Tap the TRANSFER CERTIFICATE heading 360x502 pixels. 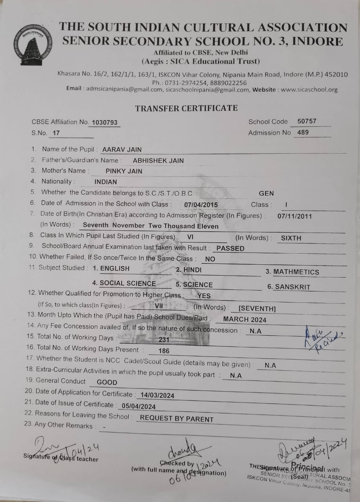[x=186, y=108]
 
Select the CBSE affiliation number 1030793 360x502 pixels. [x=104, y=122]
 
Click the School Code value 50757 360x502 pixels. [x=307, y=121]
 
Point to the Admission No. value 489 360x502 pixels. [x=303, y=132]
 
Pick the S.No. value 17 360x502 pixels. [x=56, y=133]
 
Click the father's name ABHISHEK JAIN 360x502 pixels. [x=158, y=160]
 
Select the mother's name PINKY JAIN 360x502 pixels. [x=124, y=171]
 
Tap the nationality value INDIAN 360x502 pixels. [x=105, y=182]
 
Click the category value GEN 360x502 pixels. [x=266, y=193]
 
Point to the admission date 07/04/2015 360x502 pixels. [x=201, y=205]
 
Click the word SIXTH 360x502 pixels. [x=291, y=238]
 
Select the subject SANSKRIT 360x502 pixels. [x=292, y=287]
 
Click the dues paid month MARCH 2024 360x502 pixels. [x=245, y=320]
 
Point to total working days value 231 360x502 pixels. [x=164, y=340]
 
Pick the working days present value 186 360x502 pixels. [x=164, y=351]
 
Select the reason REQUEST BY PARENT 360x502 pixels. [x=176, y=418]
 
